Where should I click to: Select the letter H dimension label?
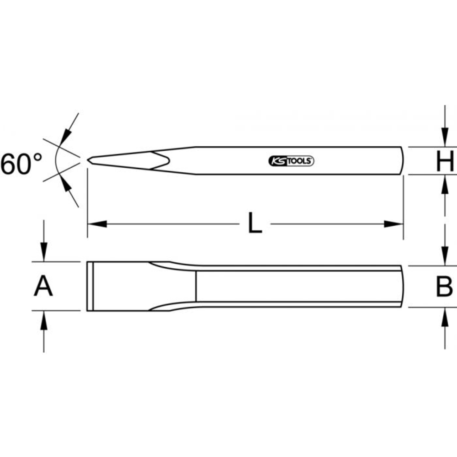pos(444,162)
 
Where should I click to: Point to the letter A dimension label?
pos(43,287)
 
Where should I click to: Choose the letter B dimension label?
pos(443,287)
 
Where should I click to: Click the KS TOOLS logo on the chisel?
pos(289,160)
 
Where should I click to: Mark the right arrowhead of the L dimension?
pos(393,224)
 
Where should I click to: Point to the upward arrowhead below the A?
pos(43,320)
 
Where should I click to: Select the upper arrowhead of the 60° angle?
pos(67,134)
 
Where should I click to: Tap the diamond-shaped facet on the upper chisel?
pos(160,160)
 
